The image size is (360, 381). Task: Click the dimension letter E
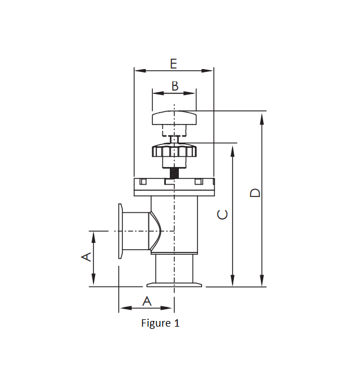coord(173,63)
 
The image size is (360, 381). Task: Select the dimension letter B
coord(175,86)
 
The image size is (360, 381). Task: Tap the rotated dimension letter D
coord(256,192)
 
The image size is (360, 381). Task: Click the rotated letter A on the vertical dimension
coord(86,256)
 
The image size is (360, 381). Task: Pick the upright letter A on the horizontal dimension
coord(147,301)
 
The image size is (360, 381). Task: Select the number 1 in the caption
coord(177,323)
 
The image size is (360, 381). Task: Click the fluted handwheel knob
coord(174,152)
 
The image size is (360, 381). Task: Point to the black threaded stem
coord(174,172)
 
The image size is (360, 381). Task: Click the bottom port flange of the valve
coord(174,284)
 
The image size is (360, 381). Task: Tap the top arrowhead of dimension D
coord(262,116)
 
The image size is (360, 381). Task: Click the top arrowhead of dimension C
coord(232,148)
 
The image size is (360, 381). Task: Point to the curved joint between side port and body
coord(155,231)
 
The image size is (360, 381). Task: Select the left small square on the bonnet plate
coord(143,181)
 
